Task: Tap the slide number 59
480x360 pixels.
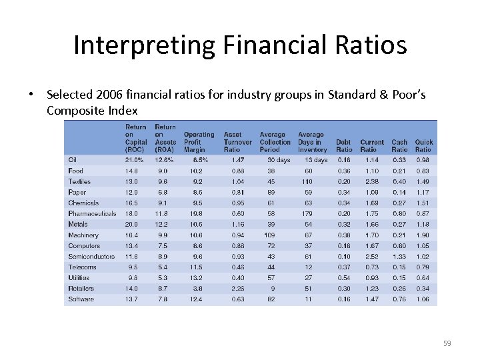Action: pos(447,343)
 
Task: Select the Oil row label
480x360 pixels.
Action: pos(72,160)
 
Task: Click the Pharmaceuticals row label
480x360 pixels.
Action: pos(92,213)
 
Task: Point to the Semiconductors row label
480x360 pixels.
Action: pos(91,256)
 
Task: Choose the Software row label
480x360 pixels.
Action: pos(81,299)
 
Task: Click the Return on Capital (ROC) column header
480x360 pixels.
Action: pos(136,138)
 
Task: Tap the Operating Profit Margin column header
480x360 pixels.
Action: pos(199,141)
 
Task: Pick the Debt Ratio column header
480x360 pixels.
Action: pos(344,145)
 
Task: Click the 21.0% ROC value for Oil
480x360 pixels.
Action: pos(135,160)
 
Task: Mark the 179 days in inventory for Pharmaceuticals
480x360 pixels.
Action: pos(307,213)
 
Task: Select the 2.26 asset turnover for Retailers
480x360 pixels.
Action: pos(237,289)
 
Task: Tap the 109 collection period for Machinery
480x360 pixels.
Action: pos(271,235)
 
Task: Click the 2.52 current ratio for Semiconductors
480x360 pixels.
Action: pos(371,256)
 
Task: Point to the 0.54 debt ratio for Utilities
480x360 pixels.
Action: pos(344,277)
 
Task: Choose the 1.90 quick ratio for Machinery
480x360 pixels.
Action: pos(423,235)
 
